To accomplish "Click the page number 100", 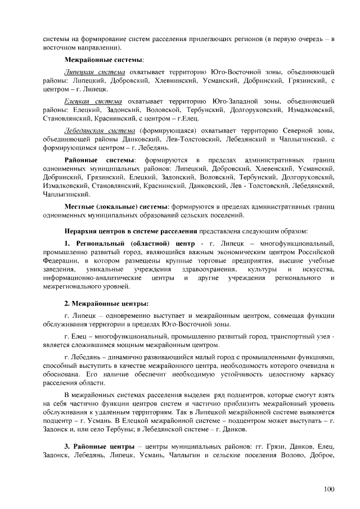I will [328, 488].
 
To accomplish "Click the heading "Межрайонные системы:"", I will [103, 59].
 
